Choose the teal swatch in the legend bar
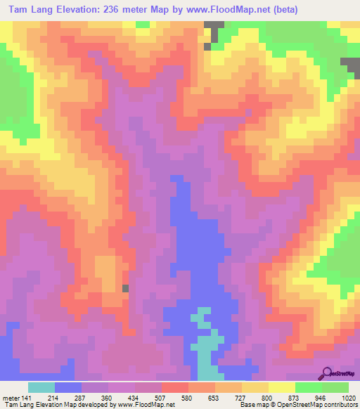pos(41,387)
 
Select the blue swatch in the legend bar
pos(68,387)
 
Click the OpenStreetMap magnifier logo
pos(327,373)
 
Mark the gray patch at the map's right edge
pos(351,67)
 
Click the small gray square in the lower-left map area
pos(126,288)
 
